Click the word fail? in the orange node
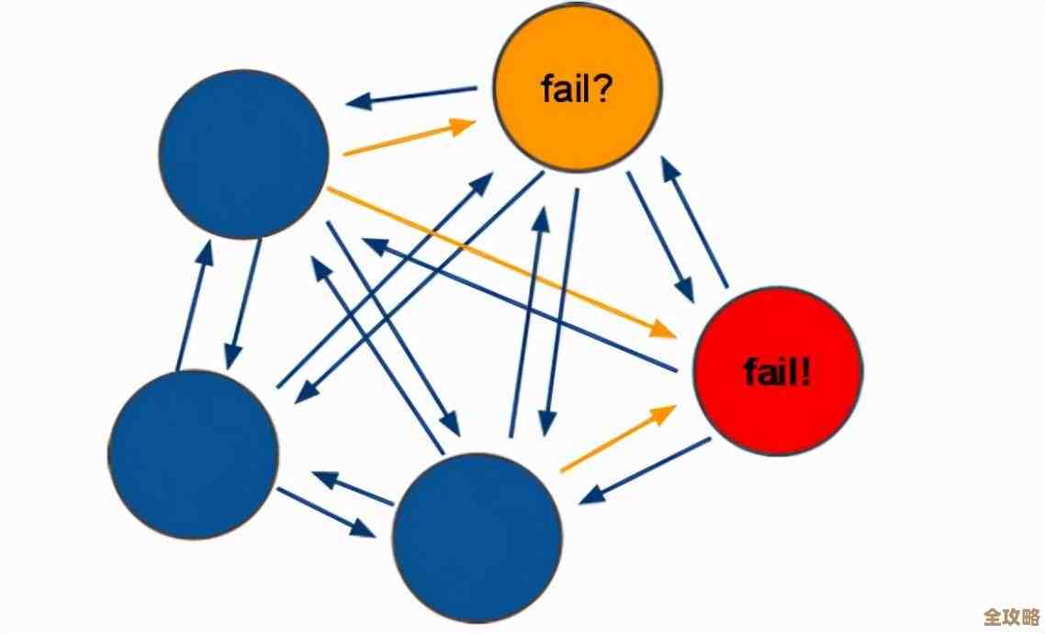tap(577, 90)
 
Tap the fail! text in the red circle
tap(778, 372)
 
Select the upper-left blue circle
tap(243, 154)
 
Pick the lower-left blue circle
tap(193, 455)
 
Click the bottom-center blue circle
tap(478, 538)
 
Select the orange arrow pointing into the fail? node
tap(409, 140)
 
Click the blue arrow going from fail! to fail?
tap(694, 221)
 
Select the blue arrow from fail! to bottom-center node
tap(645, 470)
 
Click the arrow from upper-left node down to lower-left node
tap(243, 303)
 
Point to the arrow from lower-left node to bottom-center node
tap(326, 511)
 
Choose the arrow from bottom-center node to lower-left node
tap(353, 488)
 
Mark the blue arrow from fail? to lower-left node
tap(418, 287)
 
